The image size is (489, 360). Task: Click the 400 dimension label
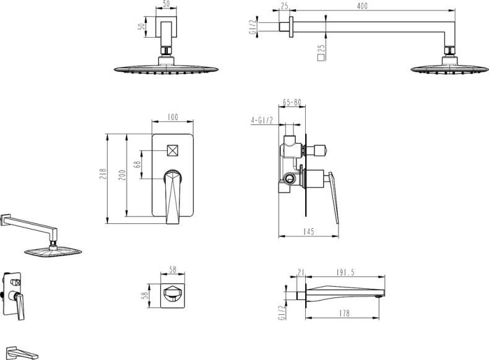(362, 6)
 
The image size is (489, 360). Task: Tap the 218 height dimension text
(103, 174)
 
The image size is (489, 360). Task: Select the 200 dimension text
(123, 175)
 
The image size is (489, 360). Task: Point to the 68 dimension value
(137, 165)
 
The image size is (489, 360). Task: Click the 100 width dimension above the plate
(173, 117)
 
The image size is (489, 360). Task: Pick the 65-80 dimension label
(292, 102)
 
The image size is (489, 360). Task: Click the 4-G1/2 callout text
(262, 121)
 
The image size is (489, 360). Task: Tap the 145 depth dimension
(308, 231)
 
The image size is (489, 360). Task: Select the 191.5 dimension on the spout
(345, 272)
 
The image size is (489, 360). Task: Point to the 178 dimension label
(344, 313)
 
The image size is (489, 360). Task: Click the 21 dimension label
(301, 272)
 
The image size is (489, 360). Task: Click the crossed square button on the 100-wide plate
(173, 151)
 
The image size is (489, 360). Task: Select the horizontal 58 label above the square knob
(173, 270)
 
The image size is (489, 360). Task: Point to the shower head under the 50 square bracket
(167, 69)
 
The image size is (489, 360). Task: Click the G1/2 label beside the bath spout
(282, 312)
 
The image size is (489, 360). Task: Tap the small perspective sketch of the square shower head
(53, 251)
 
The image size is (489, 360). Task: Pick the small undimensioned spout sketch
(22, 352)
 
